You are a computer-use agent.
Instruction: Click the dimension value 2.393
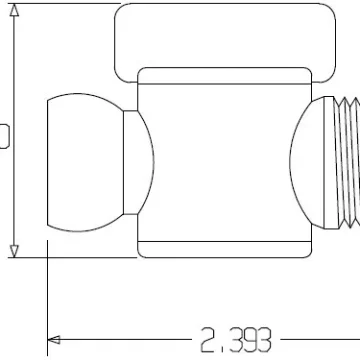(x=236, y=340)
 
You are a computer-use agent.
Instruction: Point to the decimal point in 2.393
(x=222, y=351)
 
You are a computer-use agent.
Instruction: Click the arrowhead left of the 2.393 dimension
(x=54, y=340)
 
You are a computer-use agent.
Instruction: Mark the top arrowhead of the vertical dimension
(x=14, y=10)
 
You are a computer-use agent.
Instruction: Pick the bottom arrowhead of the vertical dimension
(x=14, y=251)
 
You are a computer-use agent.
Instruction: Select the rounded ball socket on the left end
(x=85, y=162)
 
